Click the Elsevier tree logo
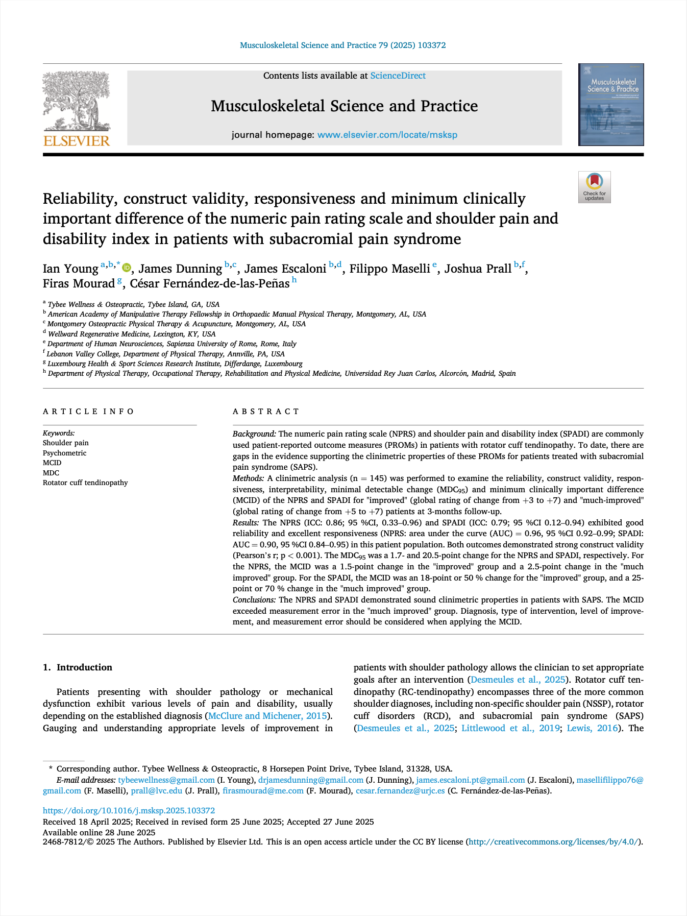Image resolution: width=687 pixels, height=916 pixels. (77, 108)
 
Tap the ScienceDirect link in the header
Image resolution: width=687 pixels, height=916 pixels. (398, 76)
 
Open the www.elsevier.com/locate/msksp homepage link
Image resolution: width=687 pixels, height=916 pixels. (387, 135)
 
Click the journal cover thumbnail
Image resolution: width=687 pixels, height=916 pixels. (610, 105)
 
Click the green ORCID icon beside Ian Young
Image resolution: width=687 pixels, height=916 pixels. (127, 268)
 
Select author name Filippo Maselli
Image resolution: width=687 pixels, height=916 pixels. (389, 269)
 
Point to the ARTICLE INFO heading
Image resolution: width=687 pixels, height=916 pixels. (88, 412)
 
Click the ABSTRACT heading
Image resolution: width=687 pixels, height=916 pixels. (266, 412)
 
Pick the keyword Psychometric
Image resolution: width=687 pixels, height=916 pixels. (64, 453)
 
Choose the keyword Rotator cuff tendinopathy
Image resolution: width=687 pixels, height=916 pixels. (85, 483)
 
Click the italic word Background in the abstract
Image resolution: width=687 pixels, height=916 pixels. (254, 434)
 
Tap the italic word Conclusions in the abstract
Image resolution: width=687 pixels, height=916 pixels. (254, 599)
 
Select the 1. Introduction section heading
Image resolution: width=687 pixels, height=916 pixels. (78, 667)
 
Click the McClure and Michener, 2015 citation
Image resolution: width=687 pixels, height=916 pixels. (267, 716)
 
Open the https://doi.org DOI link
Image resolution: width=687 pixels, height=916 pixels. (129, 810)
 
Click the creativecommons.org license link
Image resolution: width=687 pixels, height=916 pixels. (554, 841)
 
